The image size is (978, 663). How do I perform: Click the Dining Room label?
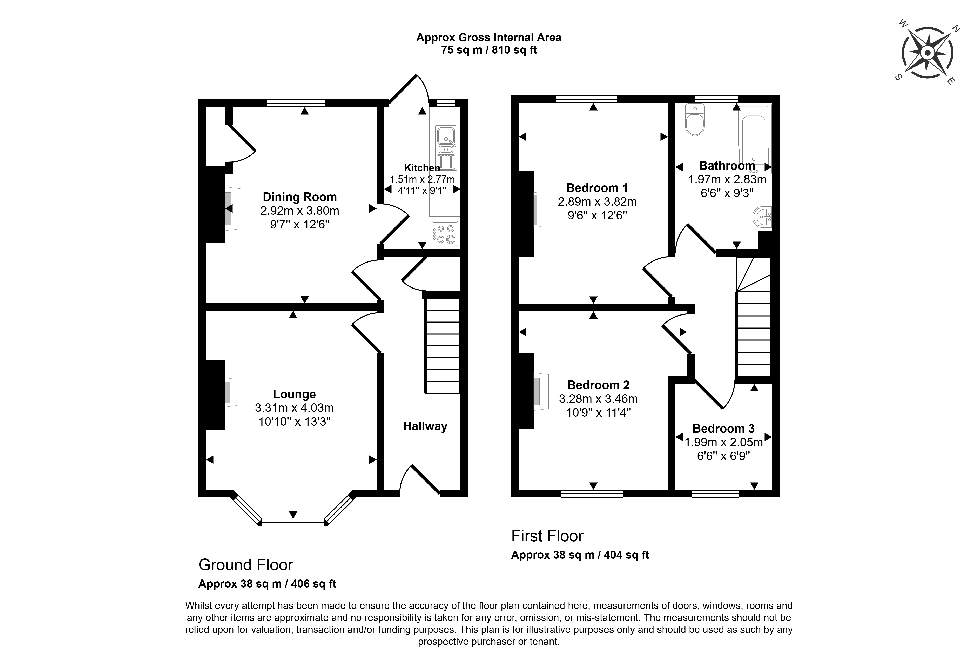click(300, 197)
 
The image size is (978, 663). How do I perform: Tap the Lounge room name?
click(294, 395)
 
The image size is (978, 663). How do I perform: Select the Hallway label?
click(425, 426)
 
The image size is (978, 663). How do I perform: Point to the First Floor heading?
click(547, 536)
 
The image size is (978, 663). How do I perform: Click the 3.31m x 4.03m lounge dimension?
click(294, 408)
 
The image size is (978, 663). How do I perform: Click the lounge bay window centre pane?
click(293, 523)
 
